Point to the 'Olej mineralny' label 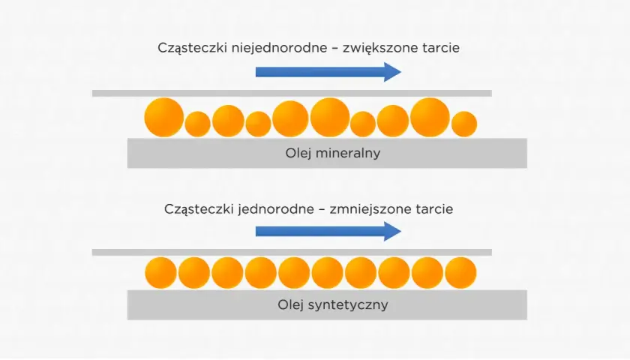click(333, 153)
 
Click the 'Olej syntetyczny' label click(333, 305)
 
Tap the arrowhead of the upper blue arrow click(392, 72)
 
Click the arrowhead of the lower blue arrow click(392, 231)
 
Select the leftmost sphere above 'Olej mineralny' click(164, 117)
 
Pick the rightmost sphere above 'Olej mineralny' click(464, 124)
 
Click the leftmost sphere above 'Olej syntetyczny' click(160, 273)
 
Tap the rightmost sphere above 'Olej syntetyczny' click(460, 273)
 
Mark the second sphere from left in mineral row click(198, 124)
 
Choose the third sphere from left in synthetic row click(227, 273)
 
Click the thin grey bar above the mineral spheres click(292, 93)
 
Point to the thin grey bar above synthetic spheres click(292, 252)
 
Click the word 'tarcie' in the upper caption click(441, 48)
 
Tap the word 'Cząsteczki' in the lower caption click(199, 209)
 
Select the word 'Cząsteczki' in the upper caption click(193, 48)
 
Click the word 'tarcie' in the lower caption click(434, 209)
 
